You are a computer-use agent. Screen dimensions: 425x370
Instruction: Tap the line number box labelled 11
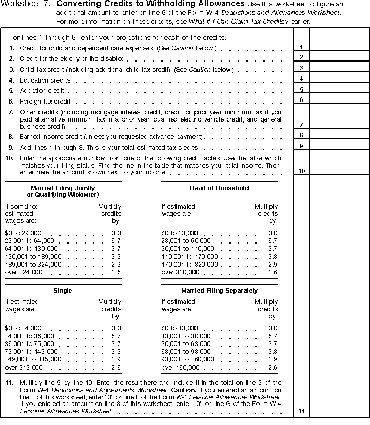tap(301, 411)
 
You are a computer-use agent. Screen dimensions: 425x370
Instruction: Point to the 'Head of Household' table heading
tap(219, 188)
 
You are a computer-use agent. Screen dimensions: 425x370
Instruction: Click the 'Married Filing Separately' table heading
tap(219, 291)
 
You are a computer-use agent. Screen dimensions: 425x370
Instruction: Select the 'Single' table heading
tap(63, 291)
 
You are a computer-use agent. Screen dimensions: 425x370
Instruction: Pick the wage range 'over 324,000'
tap(24, 272)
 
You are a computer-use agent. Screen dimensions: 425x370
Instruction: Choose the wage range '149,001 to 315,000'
tap(33, 359)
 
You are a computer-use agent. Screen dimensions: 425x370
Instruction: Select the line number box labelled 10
tap(301, 171)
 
